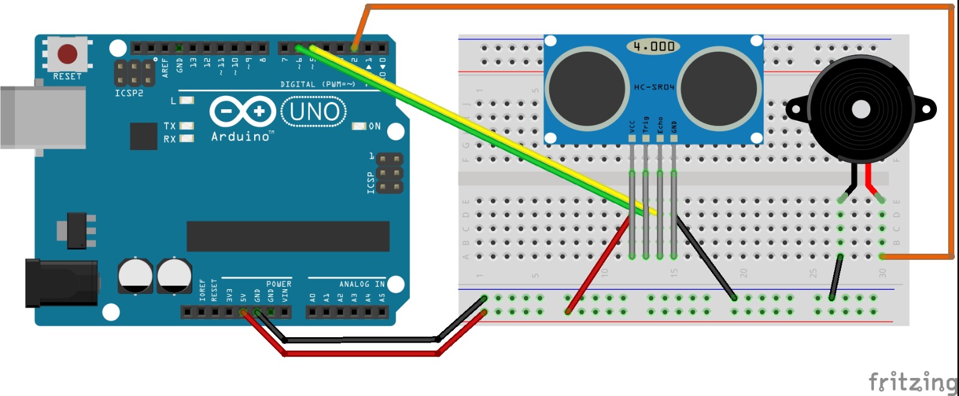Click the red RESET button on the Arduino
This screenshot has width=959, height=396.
[67, 54]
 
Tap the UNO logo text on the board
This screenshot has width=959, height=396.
[314, 112]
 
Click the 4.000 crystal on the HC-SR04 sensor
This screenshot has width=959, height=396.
[654, 46]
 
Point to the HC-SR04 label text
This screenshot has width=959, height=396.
[654, 88]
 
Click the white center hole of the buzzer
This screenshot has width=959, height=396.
[861, 109]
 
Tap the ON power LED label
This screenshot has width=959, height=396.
[375, 126]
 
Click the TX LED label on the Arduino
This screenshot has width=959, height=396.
[170, 126]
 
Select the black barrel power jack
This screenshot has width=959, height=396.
[60, 283]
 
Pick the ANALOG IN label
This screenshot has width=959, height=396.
[362, 284]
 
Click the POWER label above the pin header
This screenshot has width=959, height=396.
[279, 284]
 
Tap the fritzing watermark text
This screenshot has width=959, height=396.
[913, 382]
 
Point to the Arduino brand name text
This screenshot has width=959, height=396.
[241, 137]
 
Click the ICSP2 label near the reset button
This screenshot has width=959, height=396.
[129, 94]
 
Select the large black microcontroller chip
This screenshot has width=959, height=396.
[288, 236]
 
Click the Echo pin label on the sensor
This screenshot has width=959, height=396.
[660, 125]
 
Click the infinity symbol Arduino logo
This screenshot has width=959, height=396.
[242, 112]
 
